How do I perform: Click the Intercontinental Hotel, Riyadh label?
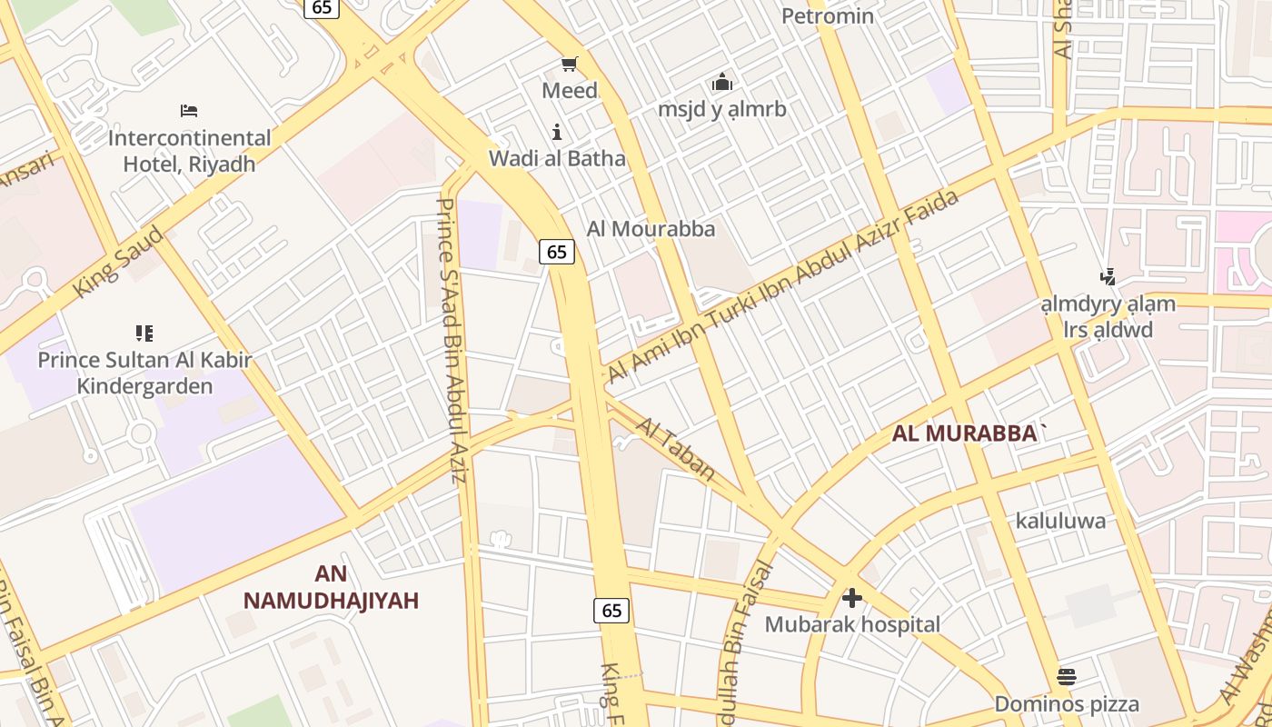coord(189,151)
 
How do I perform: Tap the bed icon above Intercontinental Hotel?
coord(189,111)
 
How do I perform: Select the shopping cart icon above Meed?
coord(570,64)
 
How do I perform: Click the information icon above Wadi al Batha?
coord(557,132)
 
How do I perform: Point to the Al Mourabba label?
coord(651,229)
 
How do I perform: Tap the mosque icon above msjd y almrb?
coord(722,83)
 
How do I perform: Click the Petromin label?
coord(827,15)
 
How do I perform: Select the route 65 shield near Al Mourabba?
coord(557,252)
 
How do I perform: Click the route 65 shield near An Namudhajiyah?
coord(611,610)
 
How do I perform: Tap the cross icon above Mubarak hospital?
coord(851,598)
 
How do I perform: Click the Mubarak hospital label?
coord(851,624)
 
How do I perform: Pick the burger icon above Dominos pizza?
coord(1067,676)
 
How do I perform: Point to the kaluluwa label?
coord(1060,521)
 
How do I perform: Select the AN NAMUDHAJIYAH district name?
coord(331,587)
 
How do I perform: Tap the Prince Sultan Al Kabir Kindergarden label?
coord(144,373)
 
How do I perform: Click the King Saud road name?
coord(119,261)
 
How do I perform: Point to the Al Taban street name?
coord(675,449)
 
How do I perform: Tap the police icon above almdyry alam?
coord(1108,277)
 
